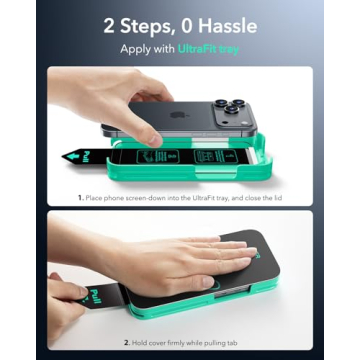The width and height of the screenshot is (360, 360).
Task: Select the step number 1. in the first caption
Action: [x=80, y=198]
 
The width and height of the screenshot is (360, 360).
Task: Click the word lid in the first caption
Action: [x=275, y=198]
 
